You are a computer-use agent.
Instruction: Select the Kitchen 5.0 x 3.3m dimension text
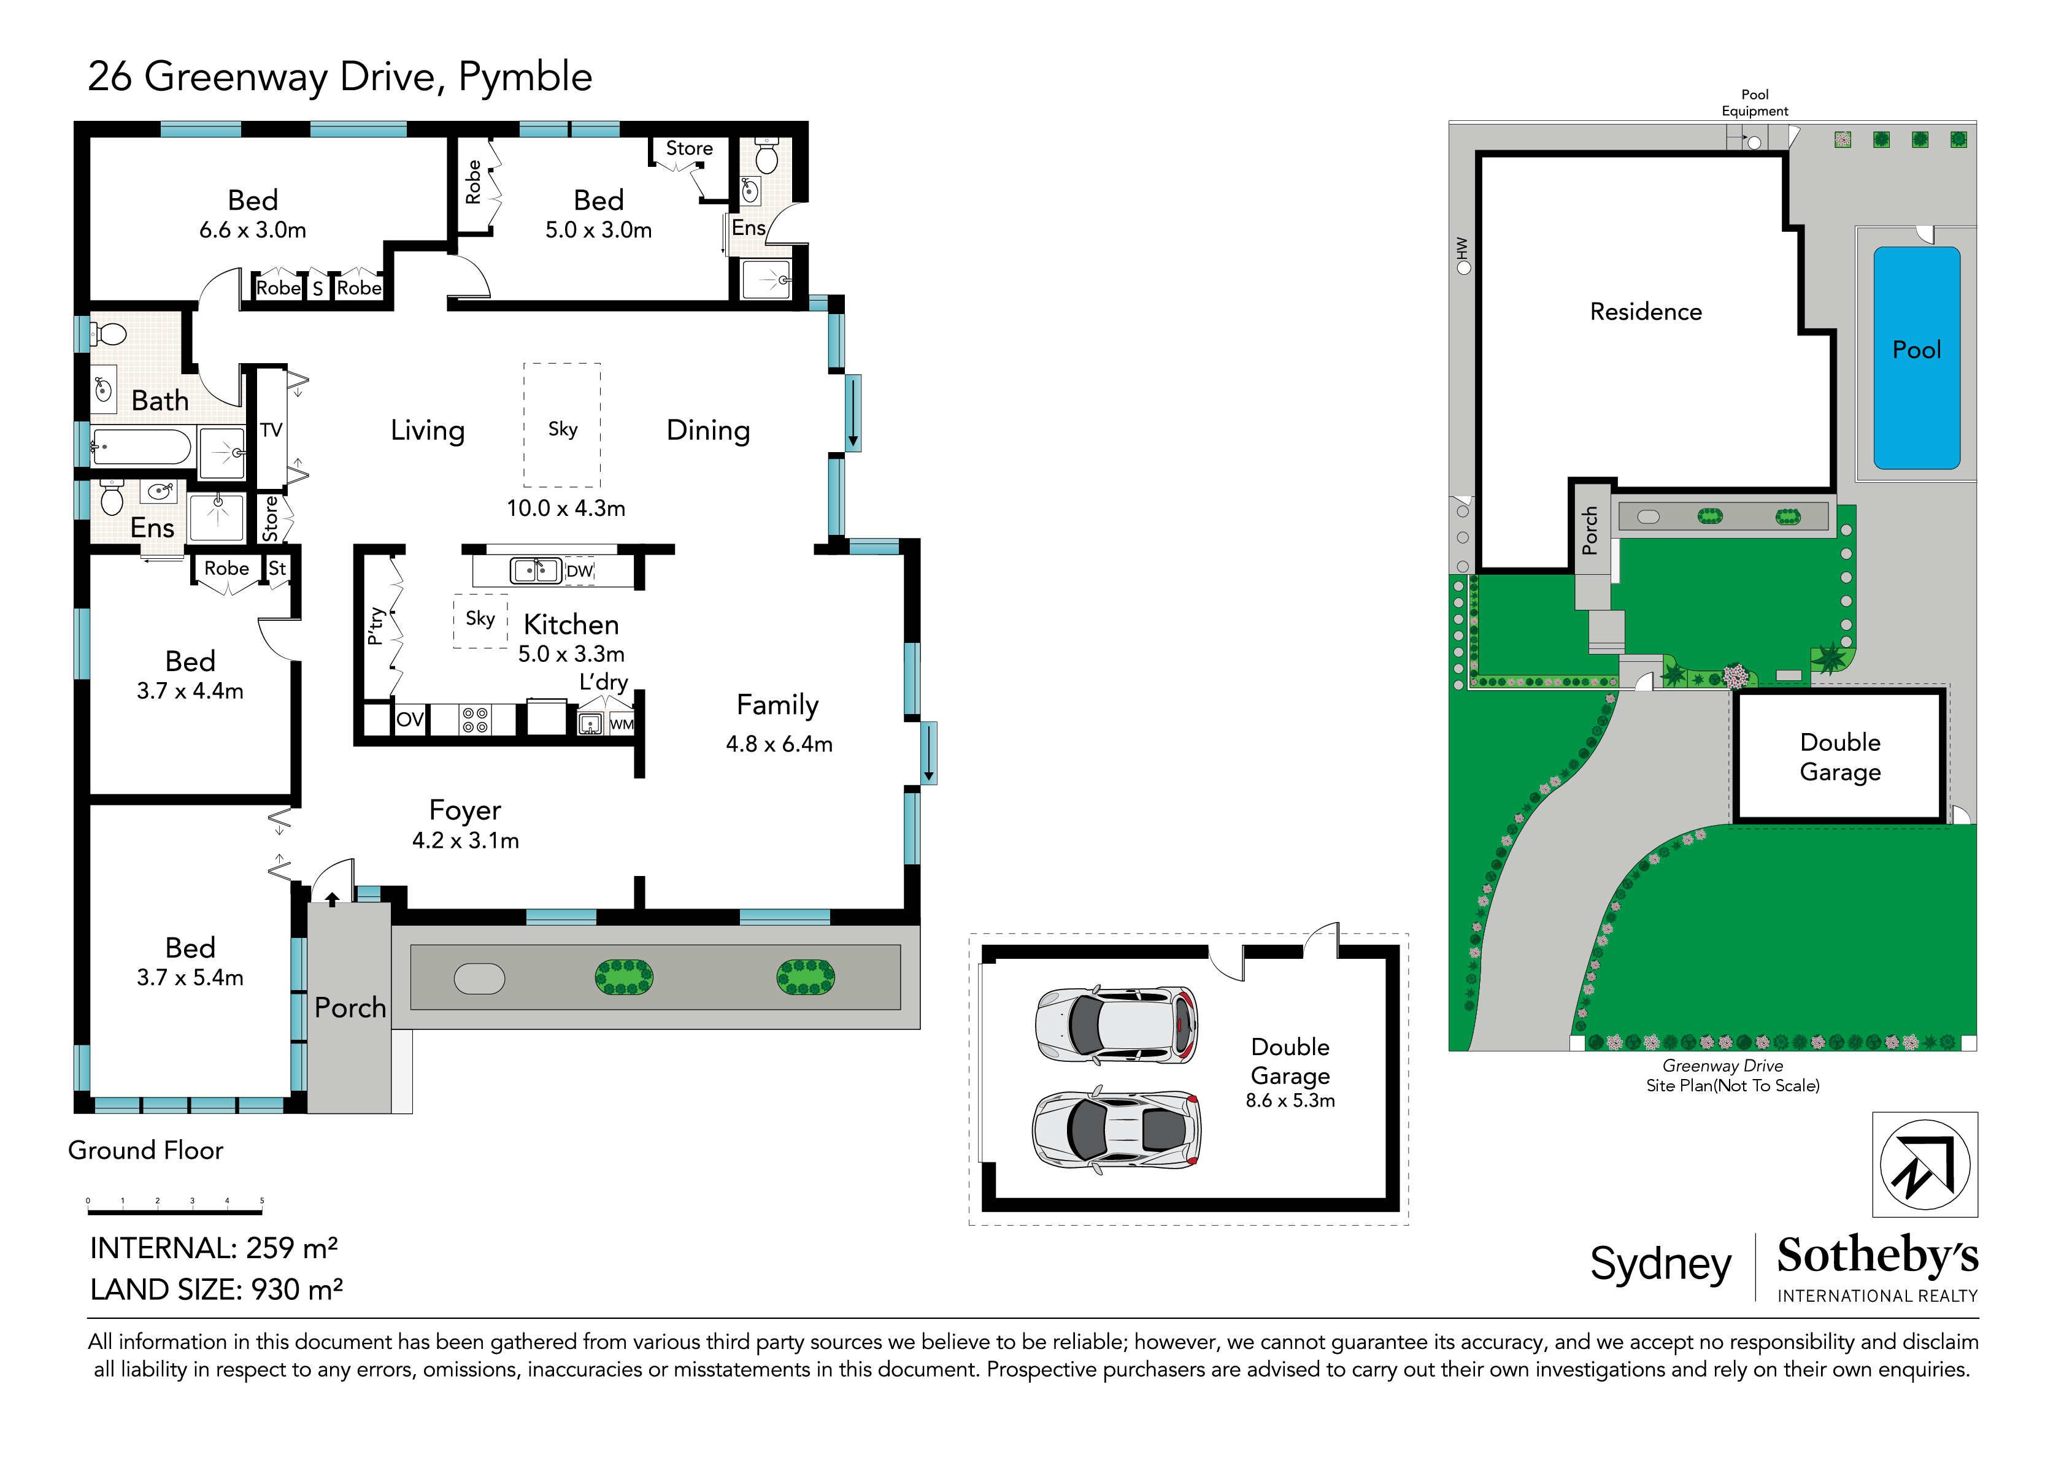tap(571, 653)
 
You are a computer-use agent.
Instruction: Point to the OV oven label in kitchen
tap(409, 719)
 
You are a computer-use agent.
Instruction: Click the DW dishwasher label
tap(579, 571)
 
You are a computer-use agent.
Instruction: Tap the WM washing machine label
tap(621, 724)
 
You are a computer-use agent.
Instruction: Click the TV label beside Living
tap(271, 430)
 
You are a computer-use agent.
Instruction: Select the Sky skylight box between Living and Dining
tap(563, 425)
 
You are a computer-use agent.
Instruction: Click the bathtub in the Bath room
tap(142, 447)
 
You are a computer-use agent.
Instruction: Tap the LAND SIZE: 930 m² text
tap(216, 1289)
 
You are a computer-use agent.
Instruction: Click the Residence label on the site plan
tap(1645, 312)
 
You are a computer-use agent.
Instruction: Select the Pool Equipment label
tap(1754, 102)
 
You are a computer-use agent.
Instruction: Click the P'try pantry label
tap(375, 626)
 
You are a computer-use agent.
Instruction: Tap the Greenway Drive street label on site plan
tap(1722, 1066)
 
